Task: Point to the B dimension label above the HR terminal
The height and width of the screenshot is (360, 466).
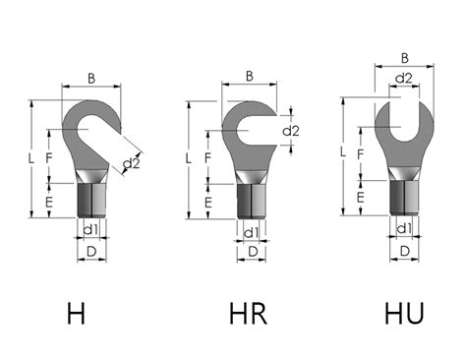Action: pyautogui.click(x=251, y=76)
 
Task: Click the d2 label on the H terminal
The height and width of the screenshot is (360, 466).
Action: pyautogui.click(x=131, y=163)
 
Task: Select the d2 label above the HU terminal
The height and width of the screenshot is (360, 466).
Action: pyautogui.click(x=403, y=78)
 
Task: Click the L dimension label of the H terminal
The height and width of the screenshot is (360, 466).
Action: pyautogui.click(x=31, y=158)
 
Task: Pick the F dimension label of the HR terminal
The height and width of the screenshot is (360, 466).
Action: pyautogui.click(x=208, y=156)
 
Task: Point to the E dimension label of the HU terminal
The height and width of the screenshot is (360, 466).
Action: pyautogui.click(x=361, y=198)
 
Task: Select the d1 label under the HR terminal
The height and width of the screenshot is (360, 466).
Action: pyautogui.click(x=251, y=233)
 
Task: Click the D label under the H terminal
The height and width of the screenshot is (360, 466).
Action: pyautogui.click(x=91, y=253)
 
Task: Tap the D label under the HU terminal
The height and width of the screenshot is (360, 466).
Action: pyautogui.click(x=403, y=253)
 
